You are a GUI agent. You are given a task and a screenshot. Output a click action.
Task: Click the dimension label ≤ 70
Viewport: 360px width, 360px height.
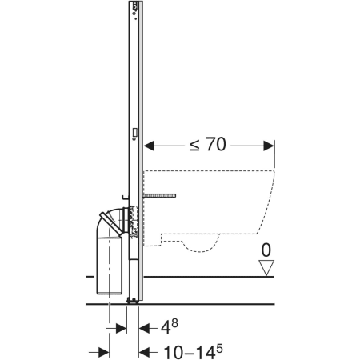pyautogui.click(x=207, y=144)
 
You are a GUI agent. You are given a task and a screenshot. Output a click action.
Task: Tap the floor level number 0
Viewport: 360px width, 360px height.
pyautogui.click(x=266, y=250)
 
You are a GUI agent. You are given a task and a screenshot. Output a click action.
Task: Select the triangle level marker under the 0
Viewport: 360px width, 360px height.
pyautogui.click(x=266, y=268)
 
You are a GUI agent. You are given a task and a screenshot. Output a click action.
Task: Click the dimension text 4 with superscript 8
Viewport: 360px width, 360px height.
pyautogui.click(x=169, y=326)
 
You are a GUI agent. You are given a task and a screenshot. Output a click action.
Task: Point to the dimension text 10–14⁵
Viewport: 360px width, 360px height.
pyautogui.click(x=193, y=352)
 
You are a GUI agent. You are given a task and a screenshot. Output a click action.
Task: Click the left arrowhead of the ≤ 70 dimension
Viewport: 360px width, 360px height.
pyautogui.click(x=149, y=146)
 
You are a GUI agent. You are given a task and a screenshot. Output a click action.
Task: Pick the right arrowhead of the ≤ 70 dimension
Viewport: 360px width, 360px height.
pyautogui.click(x=269, y=146)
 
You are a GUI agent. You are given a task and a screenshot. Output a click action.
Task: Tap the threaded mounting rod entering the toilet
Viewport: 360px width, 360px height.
pyautogui.click(x=159, y=196)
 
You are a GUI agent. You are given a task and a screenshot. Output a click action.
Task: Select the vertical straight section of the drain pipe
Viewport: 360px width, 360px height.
pyautogui.click(x=110, y=266)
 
